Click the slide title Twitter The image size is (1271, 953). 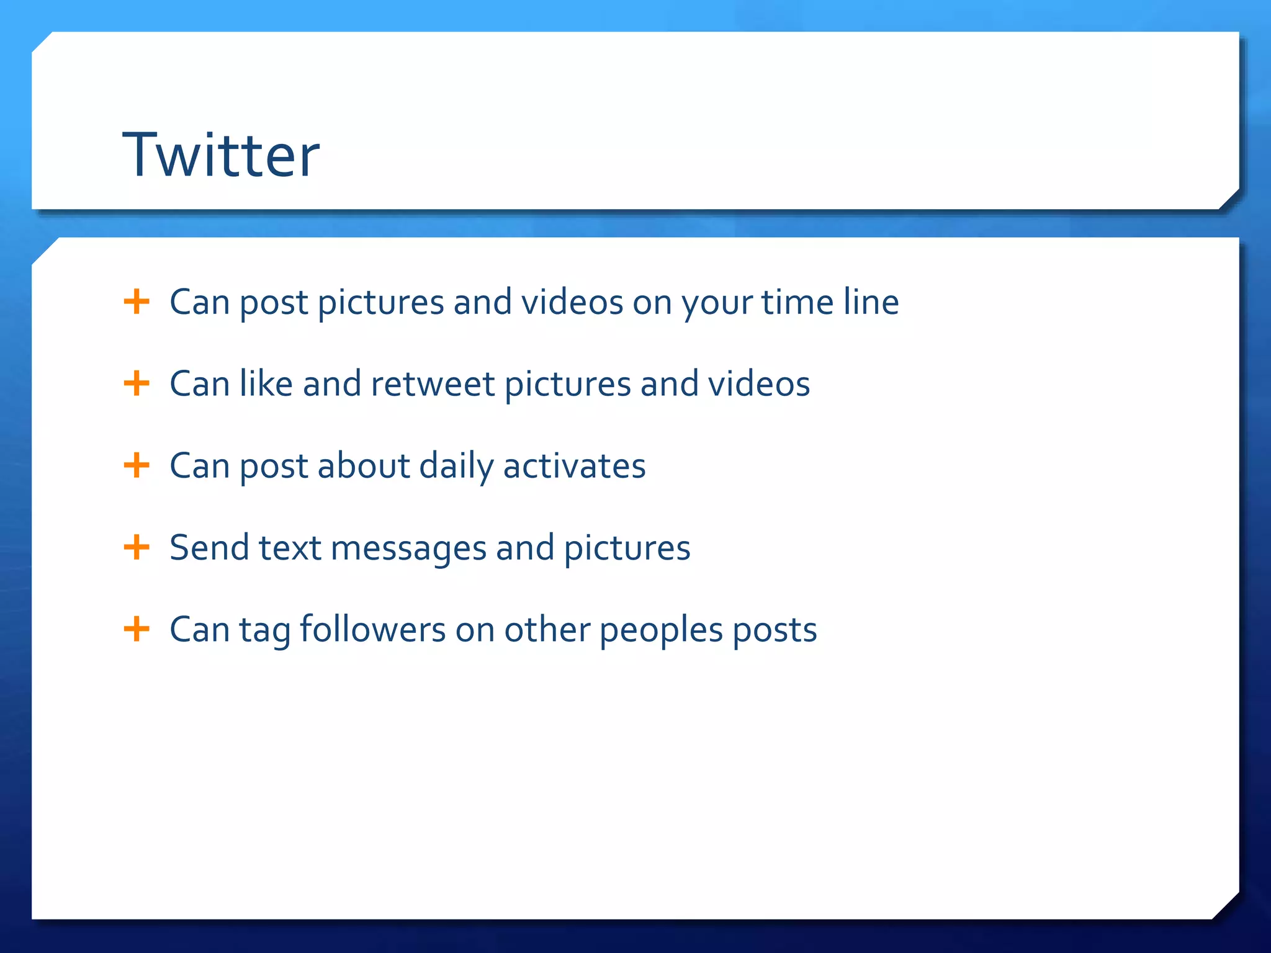tap(221, 155)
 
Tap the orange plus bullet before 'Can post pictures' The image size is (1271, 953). tap(137, 302)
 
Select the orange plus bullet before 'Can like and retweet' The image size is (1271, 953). tap(137, 383)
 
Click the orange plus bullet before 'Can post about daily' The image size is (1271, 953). tap(137, 465)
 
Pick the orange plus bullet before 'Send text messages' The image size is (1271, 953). tap(137, 547)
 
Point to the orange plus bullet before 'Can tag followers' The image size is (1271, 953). tap(137, 629)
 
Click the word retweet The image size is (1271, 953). tap(433, 384)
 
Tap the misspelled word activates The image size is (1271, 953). tap(574, 466)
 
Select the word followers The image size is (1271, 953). tap(372, 629)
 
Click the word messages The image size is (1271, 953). tap(408, 548)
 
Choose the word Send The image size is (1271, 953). tap(209, 548)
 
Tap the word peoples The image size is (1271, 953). tap(661, 630)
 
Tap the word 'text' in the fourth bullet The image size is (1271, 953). tap(290, 548)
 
